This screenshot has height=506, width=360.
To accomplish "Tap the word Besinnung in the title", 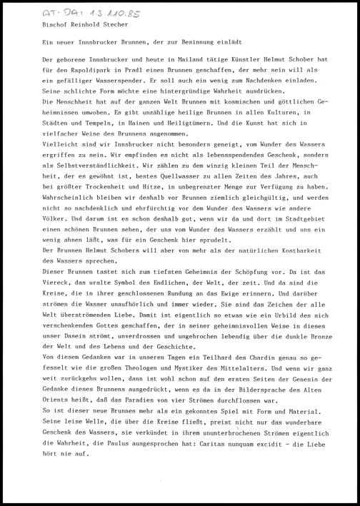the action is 199,44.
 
